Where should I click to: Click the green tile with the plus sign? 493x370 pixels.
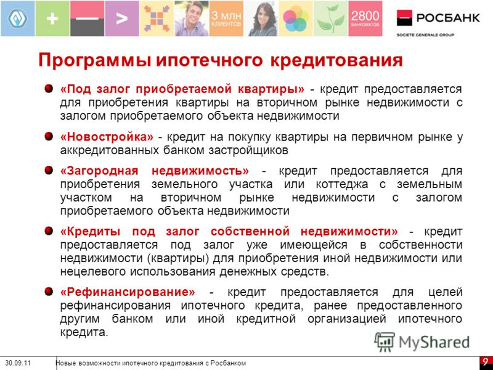[52, 18]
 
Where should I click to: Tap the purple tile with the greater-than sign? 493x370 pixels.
[121, 18]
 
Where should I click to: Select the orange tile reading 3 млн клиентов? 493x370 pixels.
[226, 18]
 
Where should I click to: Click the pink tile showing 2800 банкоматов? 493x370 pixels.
[365, 18]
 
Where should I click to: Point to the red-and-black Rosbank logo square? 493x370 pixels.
[404, 18]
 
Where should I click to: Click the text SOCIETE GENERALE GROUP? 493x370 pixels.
[425, 35]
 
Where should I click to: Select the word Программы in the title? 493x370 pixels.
[96, 60]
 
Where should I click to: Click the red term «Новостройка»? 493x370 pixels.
[107, 137]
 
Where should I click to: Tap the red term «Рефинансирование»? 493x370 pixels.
[128, 292]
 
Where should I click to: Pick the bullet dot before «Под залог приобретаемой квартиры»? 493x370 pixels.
[49, 88]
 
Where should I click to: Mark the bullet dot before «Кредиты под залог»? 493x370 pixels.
[49, 231]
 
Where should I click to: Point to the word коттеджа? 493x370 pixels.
[342, 184]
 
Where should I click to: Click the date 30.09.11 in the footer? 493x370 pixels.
[18, 363]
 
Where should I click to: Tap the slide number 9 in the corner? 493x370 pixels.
[486, 361]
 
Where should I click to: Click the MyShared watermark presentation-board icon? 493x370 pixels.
[385, 342]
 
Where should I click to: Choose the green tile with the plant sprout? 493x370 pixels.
[330, 18]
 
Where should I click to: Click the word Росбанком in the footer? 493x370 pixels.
[228, 363]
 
